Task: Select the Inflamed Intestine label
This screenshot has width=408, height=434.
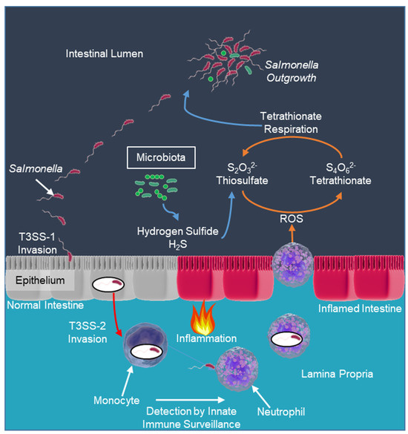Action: (358, 308)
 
